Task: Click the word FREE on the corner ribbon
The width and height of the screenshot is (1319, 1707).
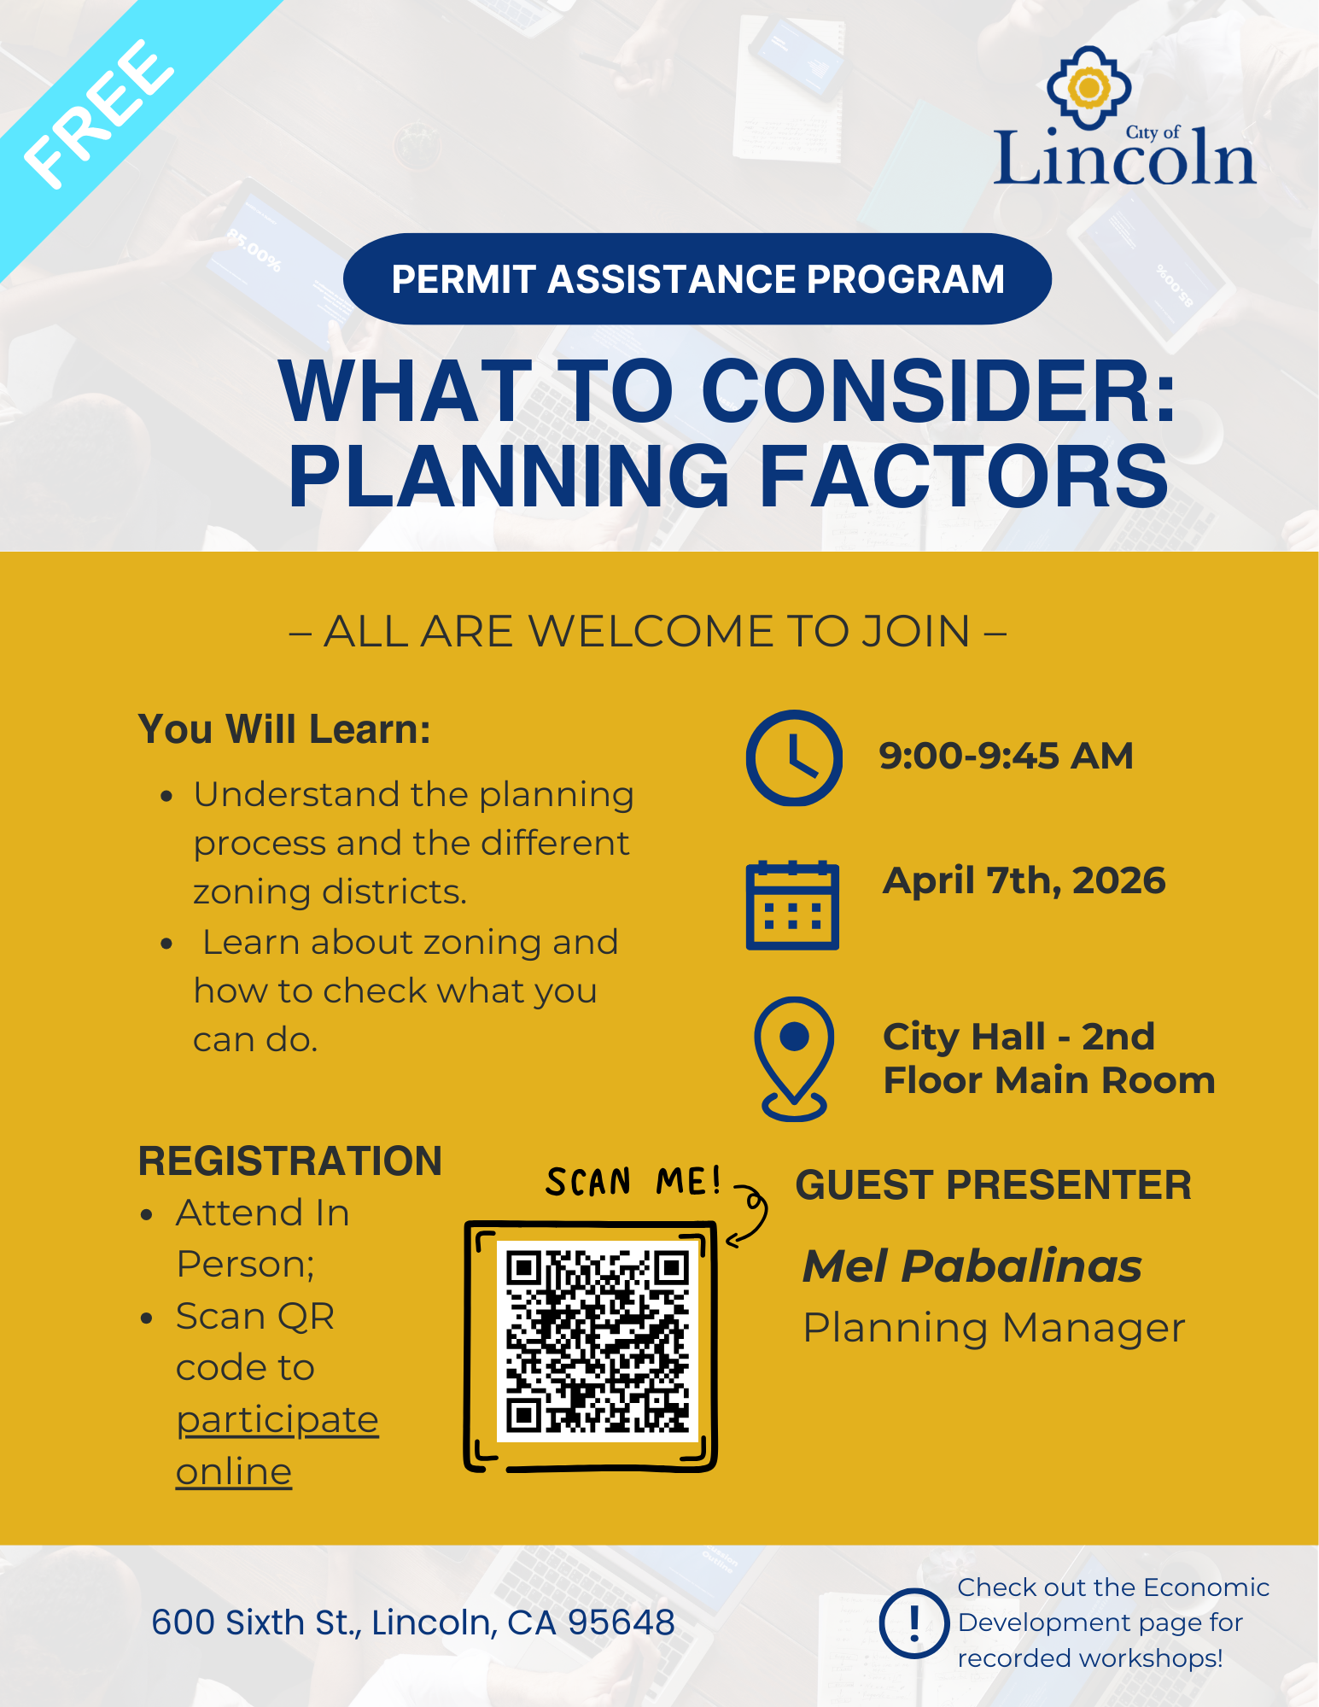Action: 98,114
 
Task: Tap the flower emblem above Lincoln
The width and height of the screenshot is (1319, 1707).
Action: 1088,87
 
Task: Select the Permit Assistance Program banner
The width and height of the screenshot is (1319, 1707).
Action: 697,279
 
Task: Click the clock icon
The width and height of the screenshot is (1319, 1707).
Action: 794,757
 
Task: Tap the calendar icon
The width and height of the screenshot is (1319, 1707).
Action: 792,905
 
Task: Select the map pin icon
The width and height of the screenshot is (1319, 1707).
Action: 794,1058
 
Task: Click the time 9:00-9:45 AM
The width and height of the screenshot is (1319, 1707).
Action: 1006,756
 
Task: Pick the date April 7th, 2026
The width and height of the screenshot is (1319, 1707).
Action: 1024,880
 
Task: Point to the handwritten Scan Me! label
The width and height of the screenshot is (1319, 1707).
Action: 633,1182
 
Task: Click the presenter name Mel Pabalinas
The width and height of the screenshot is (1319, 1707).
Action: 972,1266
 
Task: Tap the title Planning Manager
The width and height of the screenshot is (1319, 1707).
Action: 994,1328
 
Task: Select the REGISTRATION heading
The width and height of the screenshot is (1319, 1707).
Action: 290,1161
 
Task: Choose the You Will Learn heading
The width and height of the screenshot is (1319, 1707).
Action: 284,729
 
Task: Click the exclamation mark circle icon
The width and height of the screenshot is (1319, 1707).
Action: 914,1622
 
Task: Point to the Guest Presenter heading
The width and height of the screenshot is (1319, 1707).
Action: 993,1185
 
